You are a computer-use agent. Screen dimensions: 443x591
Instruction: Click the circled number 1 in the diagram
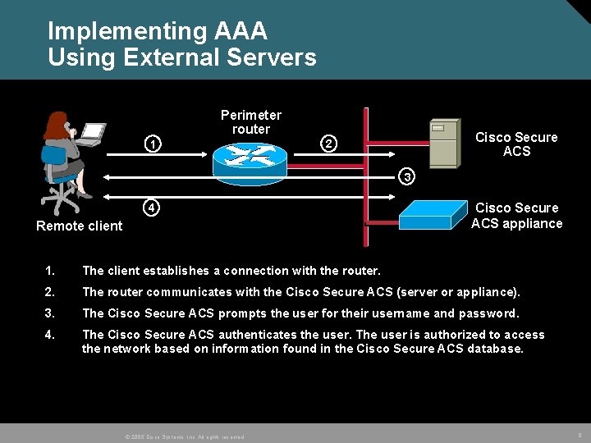click(x=152, y=146)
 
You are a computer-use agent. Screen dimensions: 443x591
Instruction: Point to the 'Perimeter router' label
click(x=251, y=122)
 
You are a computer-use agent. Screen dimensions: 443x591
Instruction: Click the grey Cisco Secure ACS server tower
click(x=443, y=143)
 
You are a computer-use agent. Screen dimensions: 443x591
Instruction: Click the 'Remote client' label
click(x=80, y=226)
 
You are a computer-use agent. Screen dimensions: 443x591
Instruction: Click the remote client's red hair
click(x=56, y=126)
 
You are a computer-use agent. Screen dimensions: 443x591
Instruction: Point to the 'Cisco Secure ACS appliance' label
click(x=517, y=216)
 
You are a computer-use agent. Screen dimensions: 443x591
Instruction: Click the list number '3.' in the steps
click(x=51, y=313)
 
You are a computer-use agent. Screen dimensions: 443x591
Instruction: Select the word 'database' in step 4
click(x=495, y=349)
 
